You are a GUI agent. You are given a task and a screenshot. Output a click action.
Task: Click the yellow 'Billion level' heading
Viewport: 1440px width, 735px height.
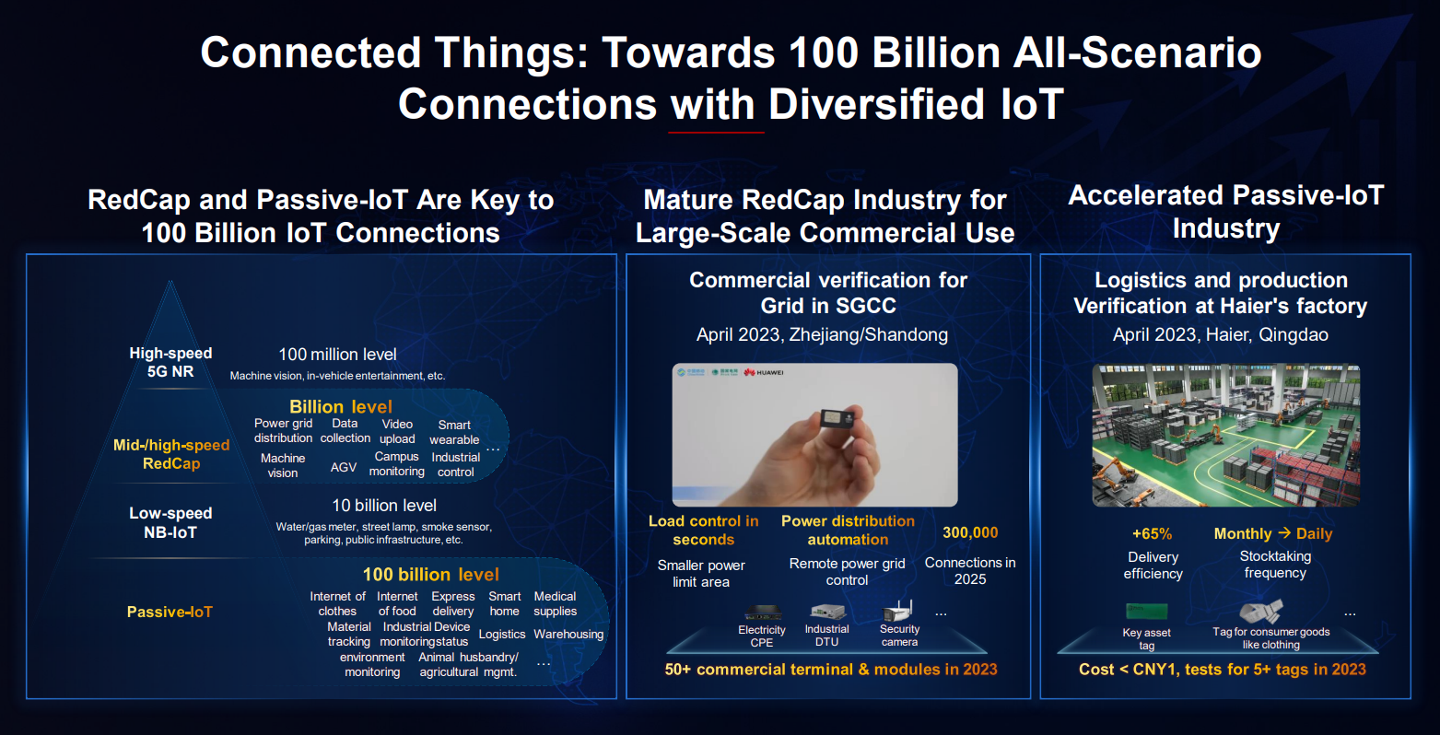click(340, 407)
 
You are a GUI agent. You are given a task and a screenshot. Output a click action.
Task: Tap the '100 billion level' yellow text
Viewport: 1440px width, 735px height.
click(431, 575)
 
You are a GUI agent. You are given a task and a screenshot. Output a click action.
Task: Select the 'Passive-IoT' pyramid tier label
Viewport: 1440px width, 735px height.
click(170, 612)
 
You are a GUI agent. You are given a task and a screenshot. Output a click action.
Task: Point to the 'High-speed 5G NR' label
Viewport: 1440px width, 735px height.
click(170, 362)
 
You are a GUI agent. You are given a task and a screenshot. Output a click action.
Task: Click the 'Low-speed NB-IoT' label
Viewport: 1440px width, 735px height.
click(170, 522)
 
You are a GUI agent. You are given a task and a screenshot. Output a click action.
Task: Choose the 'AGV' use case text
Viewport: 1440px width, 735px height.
click(344, 467)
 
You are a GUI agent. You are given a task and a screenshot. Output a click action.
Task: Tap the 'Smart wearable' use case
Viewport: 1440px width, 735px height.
click(454, 432)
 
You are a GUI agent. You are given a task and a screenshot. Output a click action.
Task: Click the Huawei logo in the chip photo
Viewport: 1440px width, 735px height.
click(764, 373)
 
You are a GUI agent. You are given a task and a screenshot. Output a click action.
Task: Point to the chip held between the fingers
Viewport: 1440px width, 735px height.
click(837, 419)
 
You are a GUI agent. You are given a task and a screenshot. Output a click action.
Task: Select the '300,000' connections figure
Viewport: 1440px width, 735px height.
click(970, 532)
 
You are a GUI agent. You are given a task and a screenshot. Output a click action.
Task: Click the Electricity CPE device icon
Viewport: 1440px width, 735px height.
click(763, 612)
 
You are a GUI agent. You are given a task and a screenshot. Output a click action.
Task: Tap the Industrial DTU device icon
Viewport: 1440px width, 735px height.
click(827, 612)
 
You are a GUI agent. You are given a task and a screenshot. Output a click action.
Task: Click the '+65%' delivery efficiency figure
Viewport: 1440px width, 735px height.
click(1152, 534)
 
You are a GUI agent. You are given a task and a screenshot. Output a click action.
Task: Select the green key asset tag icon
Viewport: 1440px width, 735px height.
click(1147, 612)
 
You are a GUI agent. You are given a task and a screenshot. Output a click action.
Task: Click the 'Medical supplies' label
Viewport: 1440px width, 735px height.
click(555, 604)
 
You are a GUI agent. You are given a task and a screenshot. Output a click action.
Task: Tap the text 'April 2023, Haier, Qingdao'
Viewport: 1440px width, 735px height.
click(1220, 334)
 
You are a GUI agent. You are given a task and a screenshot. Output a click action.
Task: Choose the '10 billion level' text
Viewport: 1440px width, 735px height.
click(384, 506)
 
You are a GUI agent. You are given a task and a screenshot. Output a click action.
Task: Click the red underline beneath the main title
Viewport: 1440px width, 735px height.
click(716, 133)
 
